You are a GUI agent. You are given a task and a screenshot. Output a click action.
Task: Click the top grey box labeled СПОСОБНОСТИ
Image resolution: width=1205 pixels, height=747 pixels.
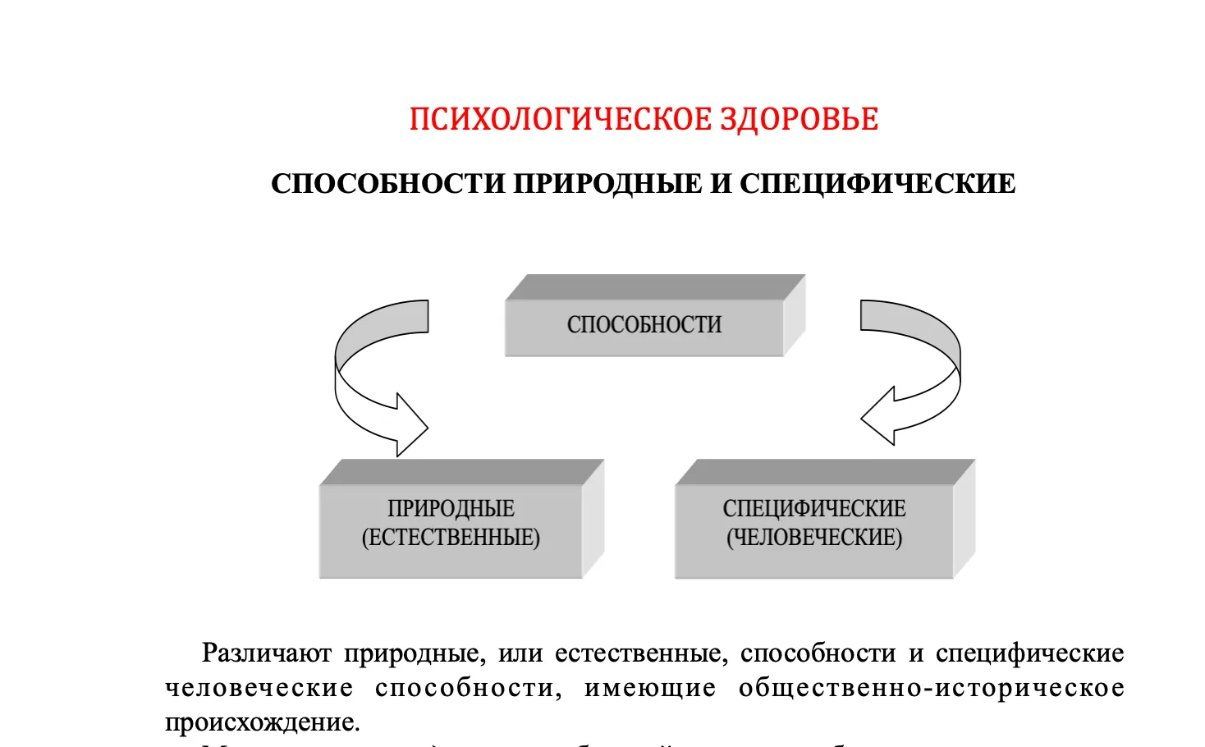point(644,325)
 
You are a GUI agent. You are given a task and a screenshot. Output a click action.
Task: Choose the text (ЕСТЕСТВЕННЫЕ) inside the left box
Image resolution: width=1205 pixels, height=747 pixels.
point(451,538)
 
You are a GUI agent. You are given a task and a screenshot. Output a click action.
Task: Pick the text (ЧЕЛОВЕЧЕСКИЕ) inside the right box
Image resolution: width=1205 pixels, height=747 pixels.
point(814,538)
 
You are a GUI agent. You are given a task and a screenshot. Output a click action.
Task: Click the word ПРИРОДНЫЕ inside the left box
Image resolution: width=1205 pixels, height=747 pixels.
point(451,509)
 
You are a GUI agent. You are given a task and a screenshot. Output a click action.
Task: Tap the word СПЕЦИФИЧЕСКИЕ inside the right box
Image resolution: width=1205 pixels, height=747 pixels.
point(814,509)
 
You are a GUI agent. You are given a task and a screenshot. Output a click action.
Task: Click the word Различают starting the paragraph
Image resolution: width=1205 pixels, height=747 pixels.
point(267,653)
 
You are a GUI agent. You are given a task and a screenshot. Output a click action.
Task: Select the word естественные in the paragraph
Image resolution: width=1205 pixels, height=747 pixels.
point(641,653)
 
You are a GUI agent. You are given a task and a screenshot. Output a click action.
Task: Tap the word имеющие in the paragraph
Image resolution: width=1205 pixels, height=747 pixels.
point(650,688)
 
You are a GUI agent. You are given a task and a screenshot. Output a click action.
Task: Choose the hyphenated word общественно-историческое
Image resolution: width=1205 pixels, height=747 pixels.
point(931,688)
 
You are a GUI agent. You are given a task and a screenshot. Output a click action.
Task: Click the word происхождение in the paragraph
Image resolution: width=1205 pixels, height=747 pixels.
point(262,722)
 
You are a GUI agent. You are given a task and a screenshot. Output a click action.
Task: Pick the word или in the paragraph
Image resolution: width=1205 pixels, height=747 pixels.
point(520,653)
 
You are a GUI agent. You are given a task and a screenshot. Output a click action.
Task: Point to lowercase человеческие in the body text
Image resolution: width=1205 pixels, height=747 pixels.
point(259,688)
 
